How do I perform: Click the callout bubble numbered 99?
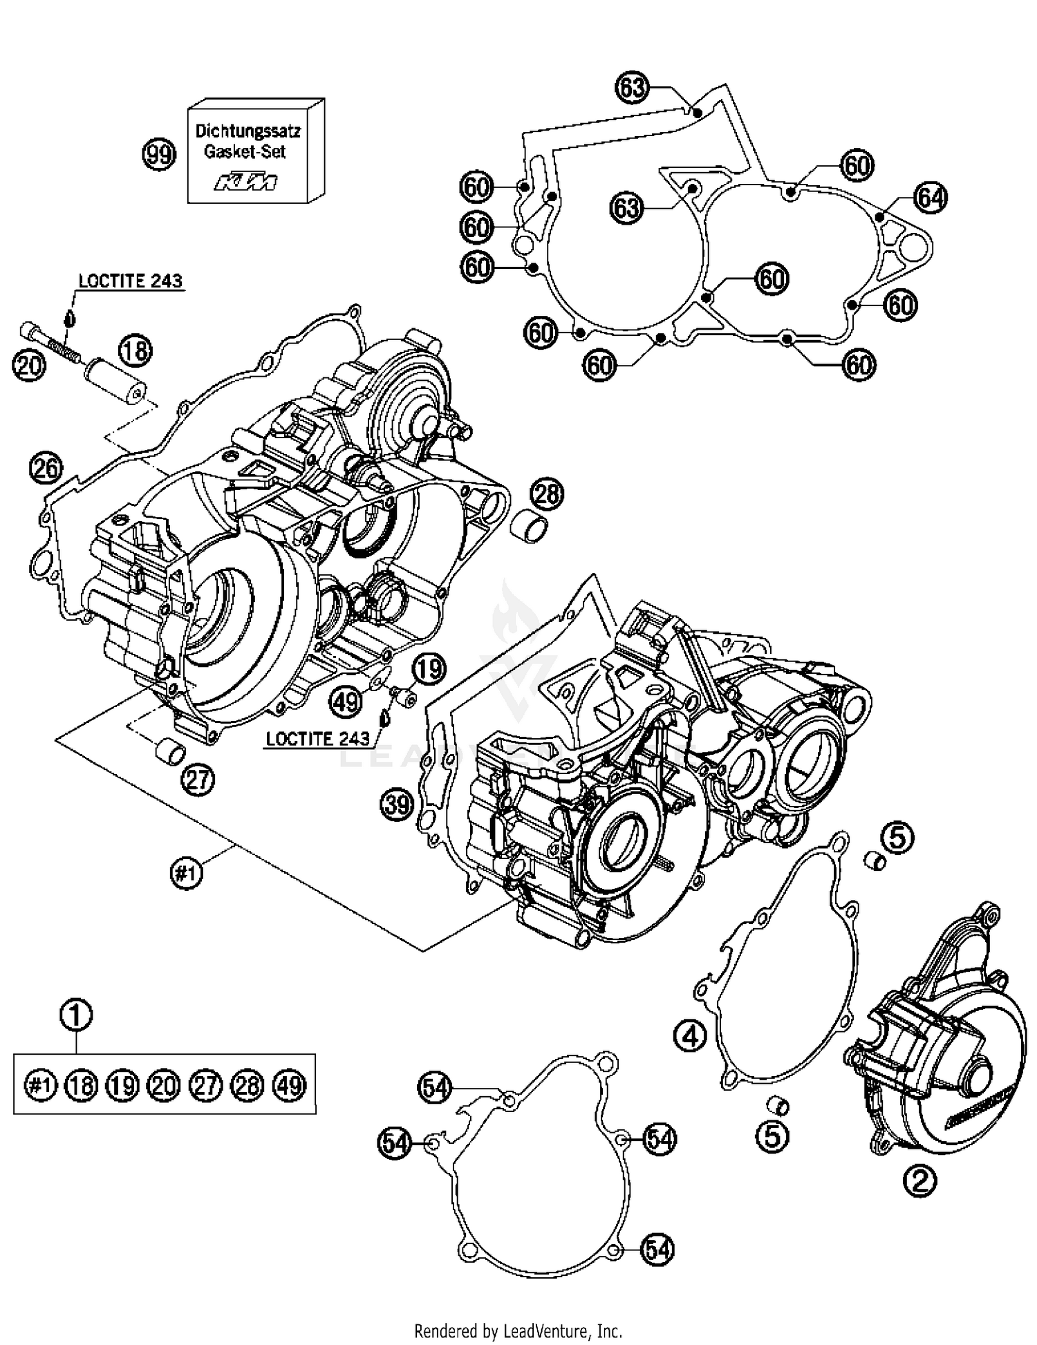[159, 155]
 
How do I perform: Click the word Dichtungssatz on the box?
[247, 131]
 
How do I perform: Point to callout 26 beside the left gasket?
[46, 469]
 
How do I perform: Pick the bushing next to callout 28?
[529, 528]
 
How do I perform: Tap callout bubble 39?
[397, 806]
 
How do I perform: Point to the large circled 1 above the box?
[77, 1016]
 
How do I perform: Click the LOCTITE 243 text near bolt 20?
[130, 281]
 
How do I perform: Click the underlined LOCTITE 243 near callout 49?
[317, 739]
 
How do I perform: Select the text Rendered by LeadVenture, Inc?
[518, 1330]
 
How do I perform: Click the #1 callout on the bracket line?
[186, 874]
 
